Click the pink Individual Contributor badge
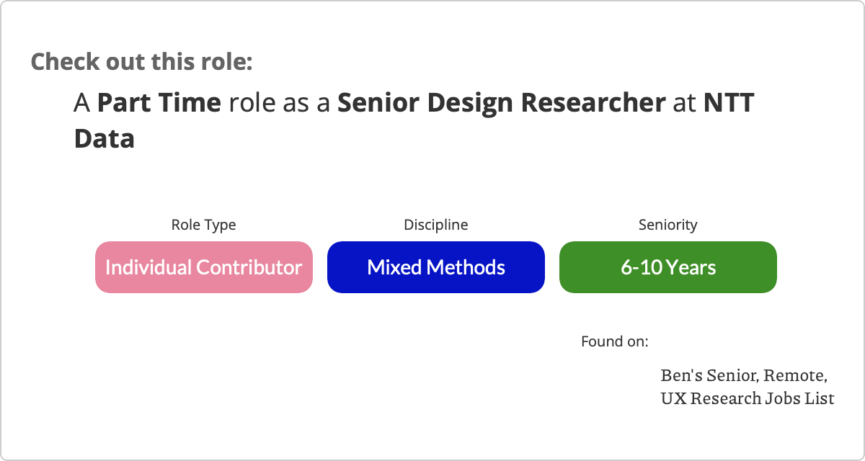coord(204,267)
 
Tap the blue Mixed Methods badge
coord(436,267)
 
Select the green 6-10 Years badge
coord(668,267)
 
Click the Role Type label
coord(203,225)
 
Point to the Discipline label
coord(436,225)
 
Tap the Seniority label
coord(668,225)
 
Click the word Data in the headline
coord(105,138)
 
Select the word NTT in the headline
coord(729,102)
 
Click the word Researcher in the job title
coord(593,102)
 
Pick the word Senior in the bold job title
coord(378,102)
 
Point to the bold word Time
coord(190,102)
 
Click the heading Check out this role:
coord(142,62)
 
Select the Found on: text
coord(615,341)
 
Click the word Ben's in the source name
coord(682,375)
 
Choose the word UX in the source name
coord(674,398)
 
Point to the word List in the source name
coord(820,398)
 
